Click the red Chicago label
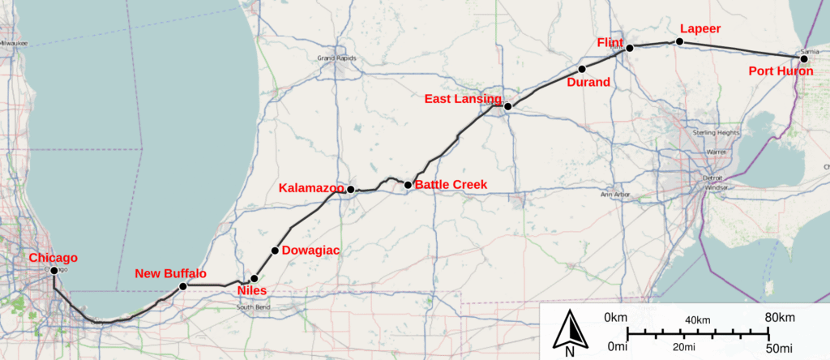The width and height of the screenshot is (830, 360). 53,258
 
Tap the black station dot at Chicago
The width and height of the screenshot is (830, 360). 53,271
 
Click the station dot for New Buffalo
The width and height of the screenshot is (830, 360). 183,286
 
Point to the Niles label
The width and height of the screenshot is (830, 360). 251,290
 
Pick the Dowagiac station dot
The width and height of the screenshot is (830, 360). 275,251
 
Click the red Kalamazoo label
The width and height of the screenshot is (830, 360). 311,188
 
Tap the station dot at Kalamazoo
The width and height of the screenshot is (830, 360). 350,190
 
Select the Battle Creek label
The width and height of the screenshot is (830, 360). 451,185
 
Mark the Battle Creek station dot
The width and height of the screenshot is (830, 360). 408,185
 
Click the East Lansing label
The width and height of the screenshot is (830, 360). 462,99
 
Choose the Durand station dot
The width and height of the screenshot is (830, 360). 582,68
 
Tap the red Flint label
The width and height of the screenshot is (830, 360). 609,42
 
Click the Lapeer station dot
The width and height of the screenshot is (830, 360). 680,41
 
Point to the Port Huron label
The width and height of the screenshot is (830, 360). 781,71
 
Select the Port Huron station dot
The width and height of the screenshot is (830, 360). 804,59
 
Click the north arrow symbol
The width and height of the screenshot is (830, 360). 570,332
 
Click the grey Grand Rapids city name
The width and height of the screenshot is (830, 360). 337,58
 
